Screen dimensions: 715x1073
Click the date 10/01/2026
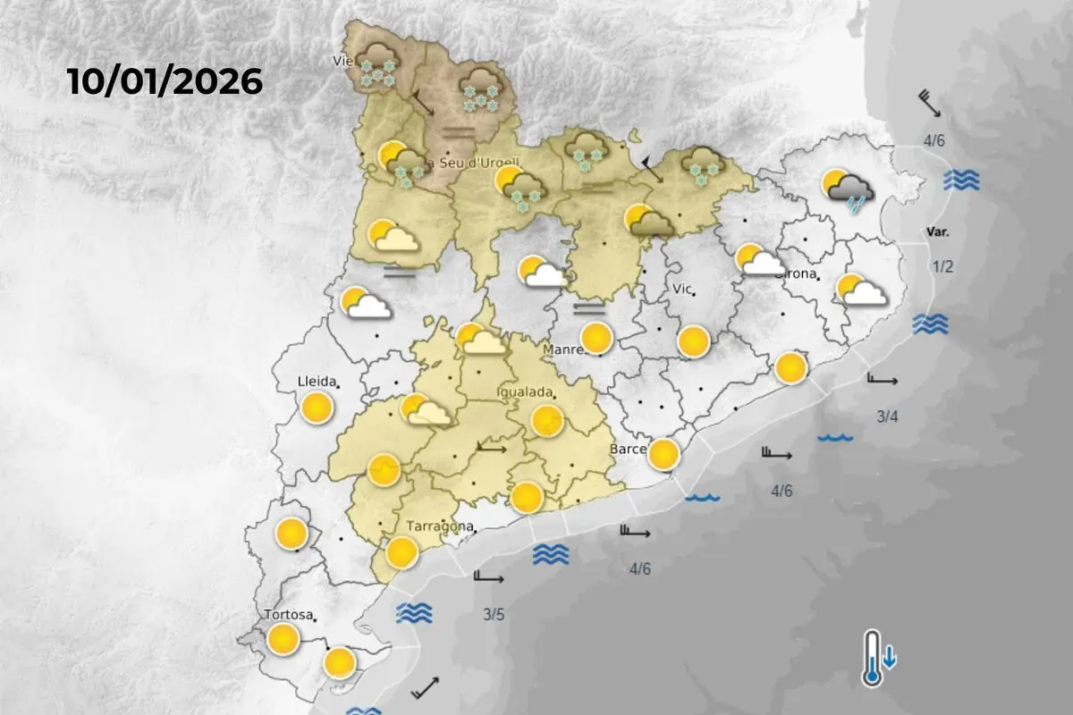click(165, 82)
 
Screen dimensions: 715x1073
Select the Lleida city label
click(316, 383)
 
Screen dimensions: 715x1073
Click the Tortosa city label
click(288, 615)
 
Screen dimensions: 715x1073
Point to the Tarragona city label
click(439, 526)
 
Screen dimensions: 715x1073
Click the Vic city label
click(682, 289)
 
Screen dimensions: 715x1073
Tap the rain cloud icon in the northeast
click(849, 189)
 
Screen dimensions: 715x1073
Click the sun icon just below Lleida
click(316, 408)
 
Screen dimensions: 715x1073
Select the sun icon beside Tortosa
click(283, 638)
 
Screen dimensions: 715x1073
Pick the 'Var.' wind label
click(937, 231)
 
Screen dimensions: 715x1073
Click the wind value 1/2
click(943, 267)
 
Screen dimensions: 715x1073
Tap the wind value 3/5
click(494, 614)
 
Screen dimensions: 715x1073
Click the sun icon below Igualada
click(546, 419)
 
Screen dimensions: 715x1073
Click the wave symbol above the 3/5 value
click(414, 613)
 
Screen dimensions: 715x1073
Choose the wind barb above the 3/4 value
click(882, 380)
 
